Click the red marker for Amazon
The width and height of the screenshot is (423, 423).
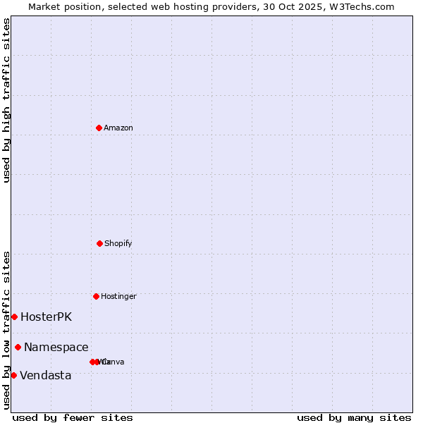pyautogui.click(x=99, y=128)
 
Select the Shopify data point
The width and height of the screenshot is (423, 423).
pyautogui.click(x=99, y=243)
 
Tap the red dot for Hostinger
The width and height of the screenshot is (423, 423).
pyautogui.click(x=96, y=296)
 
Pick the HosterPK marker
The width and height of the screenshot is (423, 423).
pyautogui.click(x=14, y=317)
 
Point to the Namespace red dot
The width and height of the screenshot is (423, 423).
pyautogui.click(x=18, y=347)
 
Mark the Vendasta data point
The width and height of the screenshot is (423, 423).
pyautogui.click(x=13, y=375)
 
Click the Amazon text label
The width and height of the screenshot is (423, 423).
pyautogui.click(x=118, y=128)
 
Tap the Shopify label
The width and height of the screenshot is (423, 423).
pyautogui.click(x=118, y=244)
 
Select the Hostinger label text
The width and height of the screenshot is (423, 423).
pyautogui.click(x=118, y=297)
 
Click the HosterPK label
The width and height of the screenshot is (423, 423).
pyautogui.click(x=46, y=317)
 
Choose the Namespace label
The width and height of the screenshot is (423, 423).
pyautogui.click(x=56, y=348)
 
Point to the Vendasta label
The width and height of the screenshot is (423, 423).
pyautogui.click(x=45, y=376)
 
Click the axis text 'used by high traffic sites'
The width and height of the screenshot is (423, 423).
pyautogui.click(x=7, y=100)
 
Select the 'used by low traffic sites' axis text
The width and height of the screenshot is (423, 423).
pyautogui.click(x=7, y=330)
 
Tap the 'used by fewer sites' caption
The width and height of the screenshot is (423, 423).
pyautogui.click(x=73, y=417)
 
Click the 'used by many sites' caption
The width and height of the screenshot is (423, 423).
pyautogui.click(x=354, y=417)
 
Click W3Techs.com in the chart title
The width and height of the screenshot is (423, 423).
pyautogui.click(x=360, y=6)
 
